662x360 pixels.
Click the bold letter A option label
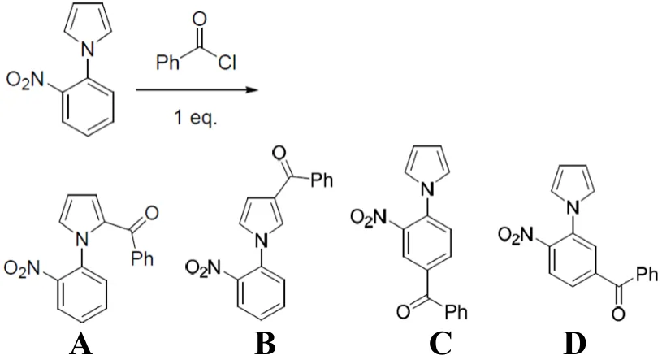(x=81, y=345)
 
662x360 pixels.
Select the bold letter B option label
(x=265, y=345)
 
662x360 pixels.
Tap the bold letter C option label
(x=440, y=345)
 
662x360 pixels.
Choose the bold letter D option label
(x=574, y=345)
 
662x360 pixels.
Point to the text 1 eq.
(x=196, y=117)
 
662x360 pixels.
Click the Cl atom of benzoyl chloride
(x=227, y=63)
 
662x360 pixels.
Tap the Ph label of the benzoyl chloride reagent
(x=167, y=62)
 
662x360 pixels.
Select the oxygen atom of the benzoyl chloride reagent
(x=199, y=20)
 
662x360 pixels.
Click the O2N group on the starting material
(x=25, y=80)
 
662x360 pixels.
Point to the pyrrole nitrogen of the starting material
(x=87, y=50)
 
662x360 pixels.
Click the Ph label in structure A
(x=142, y=258)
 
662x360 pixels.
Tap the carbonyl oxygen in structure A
(x=151, y=213)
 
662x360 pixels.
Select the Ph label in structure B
(x=322, y=180)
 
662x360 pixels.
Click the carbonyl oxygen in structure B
(x=279, y=153)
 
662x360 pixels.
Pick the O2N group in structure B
(x=205, y=268)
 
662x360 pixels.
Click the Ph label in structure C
(x=456, y=312)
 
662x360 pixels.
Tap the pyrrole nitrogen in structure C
(x=428, y=191)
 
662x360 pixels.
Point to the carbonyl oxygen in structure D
(x=618, y=314)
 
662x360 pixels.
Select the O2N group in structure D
(x=517, y=235)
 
